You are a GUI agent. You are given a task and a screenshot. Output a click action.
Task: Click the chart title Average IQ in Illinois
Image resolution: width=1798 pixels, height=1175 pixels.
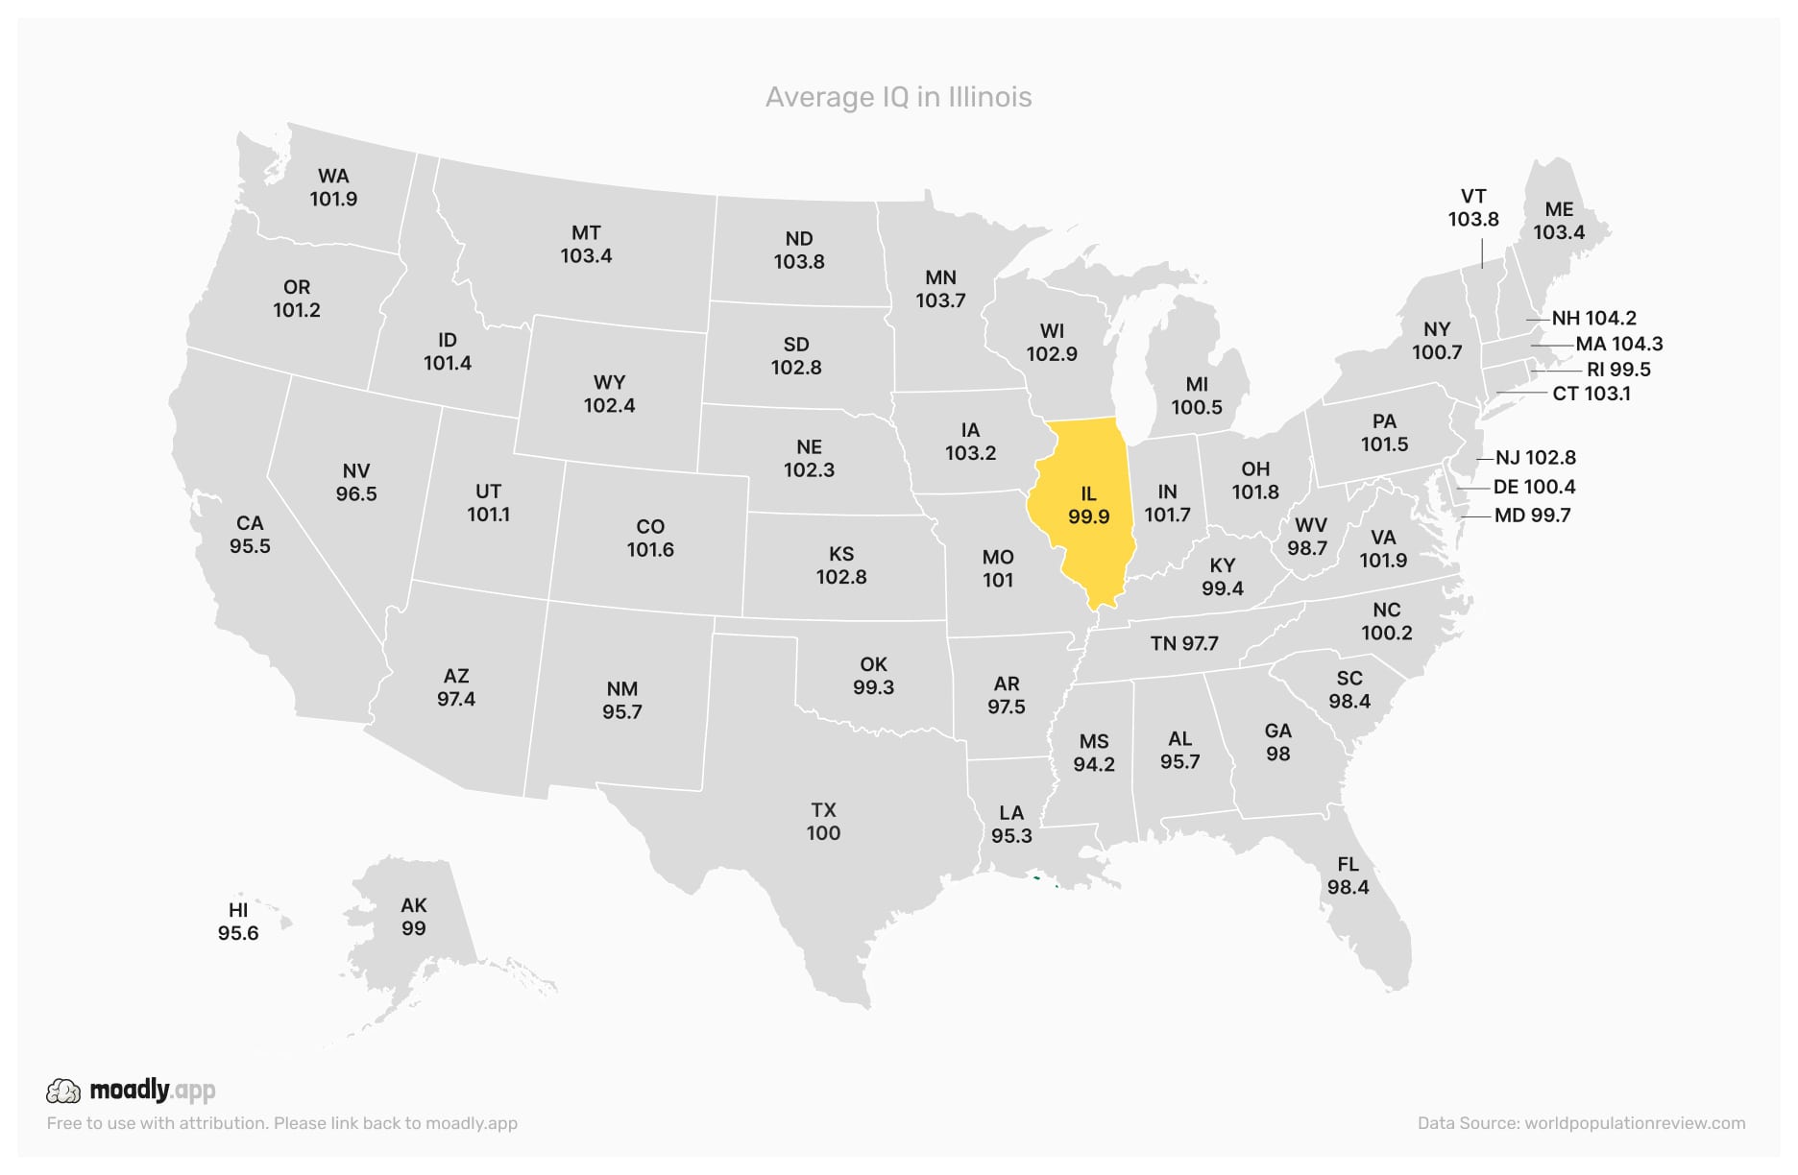point(898,97)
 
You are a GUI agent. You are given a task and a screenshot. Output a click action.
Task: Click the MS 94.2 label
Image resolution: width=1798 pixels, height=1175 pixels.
point(1094,753)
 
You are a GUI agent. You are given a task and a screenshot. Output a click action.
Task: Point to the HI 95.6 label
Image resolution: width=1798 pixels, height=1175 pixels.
point(238,922)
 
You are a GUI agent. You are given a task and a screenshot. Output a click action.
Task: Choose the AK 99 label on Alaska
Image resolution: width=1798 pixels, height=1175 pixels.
point(413,917)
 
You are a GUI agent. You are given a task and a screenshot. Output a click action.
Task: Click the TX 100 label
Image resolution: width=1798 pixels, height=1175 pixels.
point(823,822)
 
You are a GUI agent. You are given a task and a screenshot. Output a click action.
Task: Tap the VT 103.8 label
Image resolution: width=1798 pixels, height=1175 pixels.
point(1473,208)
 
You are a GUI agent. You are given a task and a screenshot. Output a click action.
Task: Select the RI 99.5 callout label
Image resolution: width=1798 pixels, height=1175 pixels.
point(1618,370)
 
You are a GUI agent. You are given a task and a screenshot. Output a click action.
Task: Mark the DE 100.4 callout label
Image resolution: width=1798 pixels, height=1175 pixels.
point(1534,487)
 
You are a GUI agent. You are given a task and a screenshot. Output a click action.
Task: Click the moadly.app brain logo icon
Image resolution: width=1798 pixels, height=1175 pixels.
point(63,1091)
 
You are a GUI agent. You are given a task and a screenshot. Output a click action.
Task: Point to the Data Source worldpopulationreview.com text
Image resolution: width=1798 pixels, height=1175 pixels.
point(1581,1123)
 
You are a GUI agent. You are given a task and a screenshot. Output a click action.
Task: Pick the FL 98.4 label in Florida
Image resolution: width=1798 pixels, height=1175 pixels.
point(1348,875)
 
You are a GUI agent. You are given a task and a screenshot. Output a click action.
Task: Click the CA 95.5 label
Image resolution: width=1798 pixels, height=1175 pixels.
point(250,535)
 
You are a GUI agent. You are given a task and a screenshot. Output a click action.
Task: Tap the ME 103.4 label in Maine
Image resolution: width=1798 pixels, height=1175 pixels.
point(1558,221)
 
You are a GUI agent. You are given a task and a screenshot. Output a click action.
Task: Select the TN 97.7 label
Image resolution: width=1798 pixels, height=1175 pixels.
point(1184,643)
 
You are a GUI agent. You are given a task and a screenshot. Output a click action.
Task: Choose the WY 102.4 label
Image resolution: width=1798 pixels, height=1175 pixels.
point(609,394)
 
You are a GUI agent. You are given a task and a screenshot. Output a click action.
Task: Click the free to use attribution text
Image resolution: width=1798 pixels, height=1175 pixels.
point(281,1123)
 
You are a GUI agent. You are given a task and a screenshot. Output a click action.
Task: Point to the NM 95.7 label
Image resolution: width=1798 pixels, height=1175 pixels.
point(621,701)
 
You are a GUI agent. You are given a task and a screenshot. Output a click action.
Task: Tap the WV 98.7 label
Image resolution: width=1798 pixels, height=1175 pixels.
point(1307,537)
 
